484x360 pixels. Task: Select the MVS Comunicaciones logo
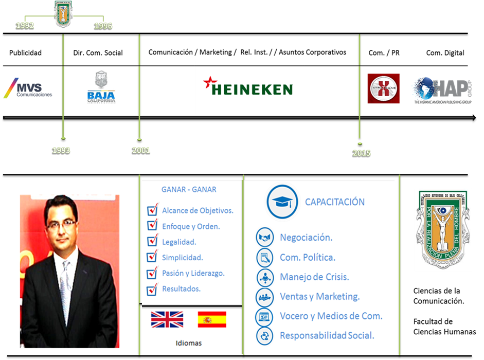tap(28, 88)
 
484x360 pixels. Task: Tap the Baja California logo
tap(101, 88)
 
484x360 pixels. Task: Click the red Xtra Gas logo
tap(383, 88)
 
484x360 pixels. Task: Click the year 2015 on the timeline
tap(361, 153)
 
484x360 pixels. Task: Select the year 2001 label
tap(140, 150)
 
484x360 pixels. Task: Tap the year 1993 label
tap(61, 150)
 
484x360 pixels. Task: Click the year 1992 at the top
tap(25, 26)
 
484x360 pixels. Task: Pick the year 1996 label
tap(103, 26)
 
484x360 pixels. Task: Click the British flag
tap(167, 319)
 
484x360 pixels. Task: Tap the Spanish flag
tap(212, 319)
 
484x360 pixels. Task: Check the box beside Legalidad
tap(152, 241)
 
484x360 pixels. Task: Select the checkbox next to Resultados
tap(152, 289)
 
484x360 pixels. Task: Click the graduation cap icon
tap(282, 202)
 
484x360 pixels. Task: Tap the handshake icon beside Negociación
tap(264, 238)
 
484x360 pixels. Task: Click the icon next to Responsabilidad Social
tap(264, 335)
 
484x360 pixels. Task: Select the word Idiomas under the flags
tap(189, 343)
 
